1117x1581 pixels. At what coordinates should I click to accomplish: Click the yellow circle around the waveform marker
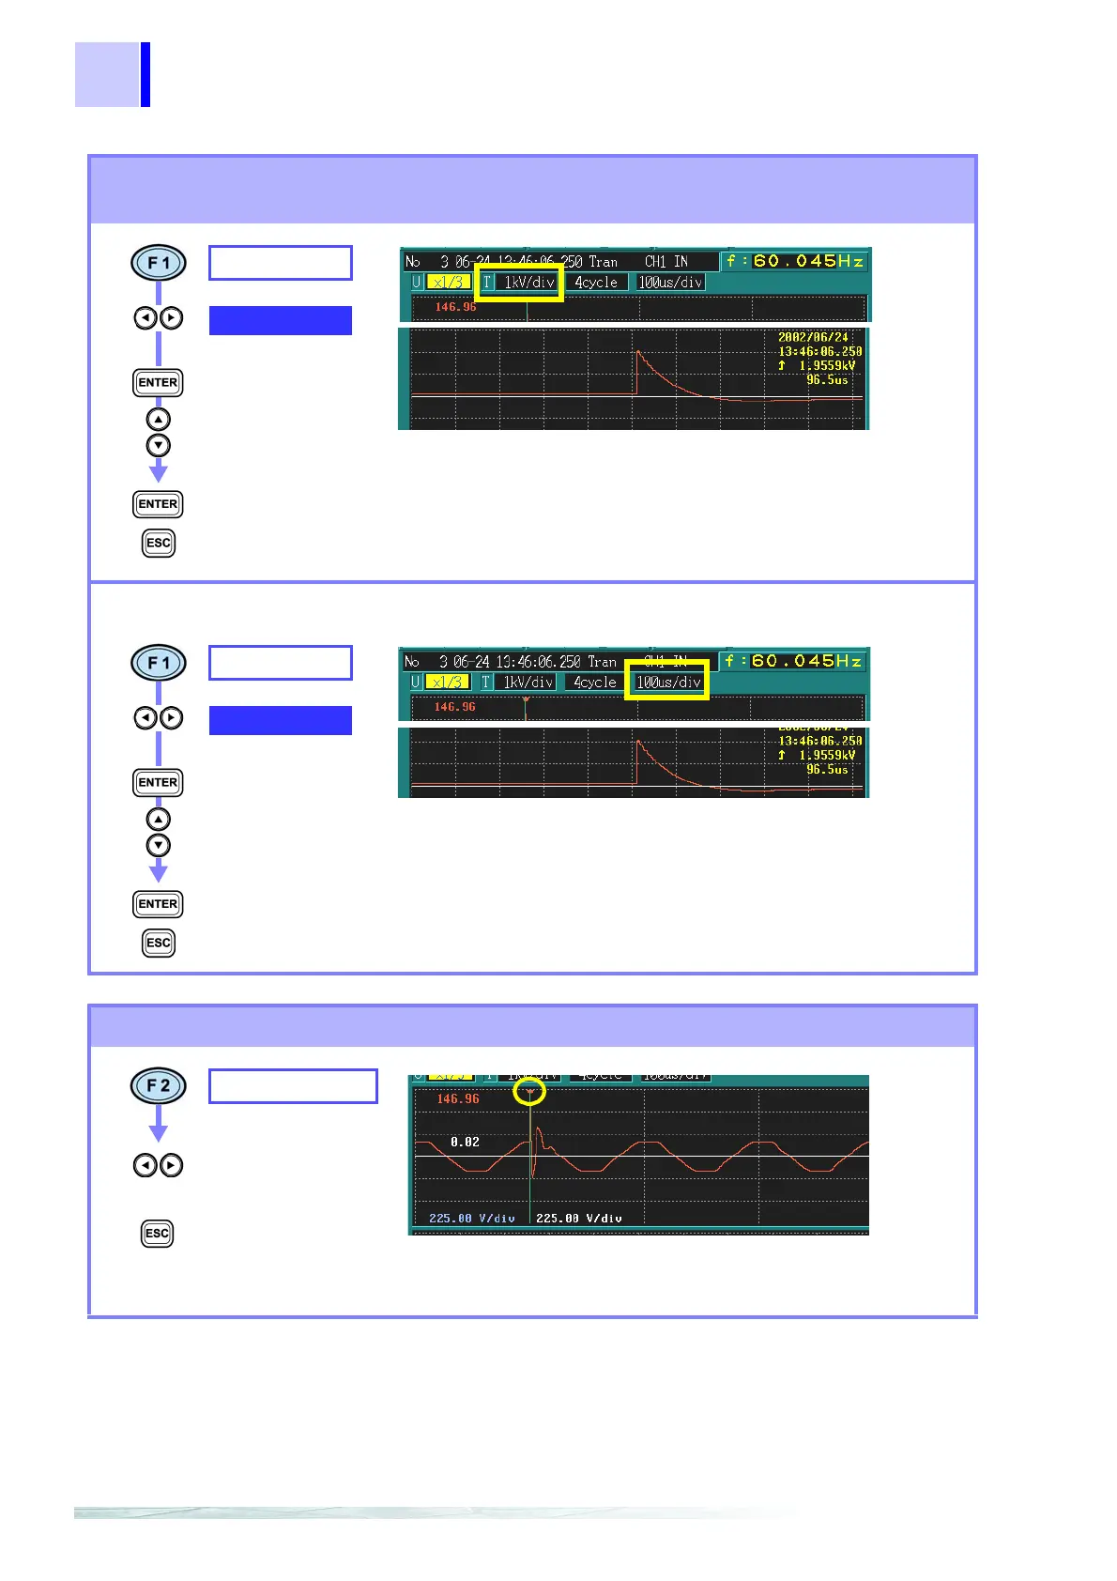[530, 1092]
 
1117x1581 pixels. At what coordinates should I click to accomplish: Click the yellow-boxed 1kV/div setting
[528, 282]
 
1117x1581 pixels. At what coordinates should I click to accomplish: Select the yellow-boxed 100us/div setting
[668, 682]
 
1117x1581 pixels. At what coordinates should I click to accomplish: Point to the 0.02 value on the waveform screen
[465, 1142]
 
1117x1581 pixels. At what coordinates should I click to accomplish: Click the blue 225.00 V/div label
[471, 1218]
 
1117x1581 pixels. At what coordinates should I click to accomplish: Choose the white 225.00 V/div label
[578, 1218]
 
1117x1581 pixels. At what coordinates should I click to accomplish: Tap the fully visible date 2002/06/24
[813, 337]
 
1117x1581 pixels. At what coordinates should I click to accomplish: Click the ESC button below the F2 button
[158, 1233]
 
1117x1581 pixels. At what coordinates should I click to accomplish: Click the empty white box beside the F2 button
[293, 1085]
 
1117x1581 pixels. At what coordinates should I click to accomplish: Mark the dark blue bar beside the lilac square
[145, 74]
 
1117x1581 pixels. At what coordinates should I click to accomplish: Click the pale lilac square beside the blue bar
[107, 74]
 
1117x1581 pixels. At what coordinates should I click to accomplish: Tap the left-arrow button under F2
[145, 1165]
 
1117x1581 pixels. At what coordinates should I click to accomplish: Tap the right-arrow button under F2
[171, 1165]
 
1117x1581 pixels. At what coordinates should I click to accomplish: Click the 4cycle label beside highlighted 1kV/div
[596, 282]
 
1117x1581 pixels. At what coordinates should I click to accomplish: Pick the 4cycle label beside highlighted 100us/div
[595, 682]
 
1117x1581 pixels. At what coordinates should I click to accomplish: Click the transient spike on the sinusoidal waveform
[535, 1150]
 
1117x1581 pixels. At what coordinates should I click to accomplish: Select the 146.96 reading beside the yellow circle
[458, 1098]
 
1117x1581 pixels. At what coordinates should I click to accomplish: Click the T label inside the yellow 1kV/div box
[486, 282]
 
